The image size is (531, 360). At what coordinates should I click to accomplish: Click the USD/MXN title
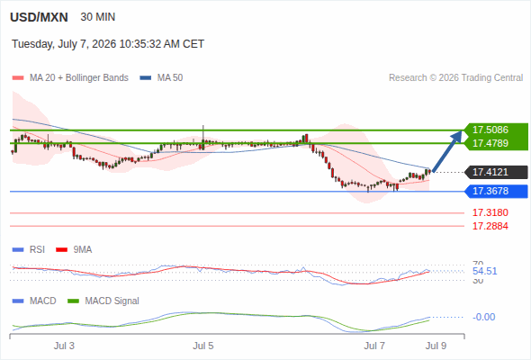[x=39, y=17]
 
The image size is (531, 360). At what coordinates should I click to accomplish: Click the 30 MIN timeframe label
[x=98, y=17]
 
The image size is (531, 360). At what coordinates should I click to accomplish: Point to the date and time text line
[x=108, y=44]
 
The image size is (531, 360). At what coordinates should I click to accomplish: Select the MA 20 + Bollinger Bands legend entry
[x=70, y=78]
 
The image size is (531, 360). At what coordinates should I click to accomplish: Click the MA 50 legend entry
[x=161, y=78]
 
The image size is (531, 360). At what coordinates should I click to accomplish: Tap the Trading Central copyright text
[x=455, y=78]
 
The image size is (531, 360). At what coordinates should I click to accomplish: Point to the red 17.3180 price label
[x=490, y=212]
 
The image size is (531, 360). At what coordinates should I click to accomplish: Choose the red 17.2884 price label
[x=490, y=226]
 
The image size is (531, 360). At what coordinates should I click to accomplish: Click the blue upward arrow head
[x=457, y=136]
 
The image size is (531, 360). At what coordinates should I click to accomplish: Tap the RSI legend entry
[x=29, y=249]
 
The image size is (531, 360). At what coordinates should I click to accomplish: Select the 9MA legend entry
[x=74, y=249]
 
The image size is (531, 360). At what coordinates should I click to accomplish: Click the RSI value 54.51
[x=485, y=271]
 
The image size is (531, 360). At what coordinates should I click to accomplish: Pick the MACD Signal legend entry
[x=103, y=301]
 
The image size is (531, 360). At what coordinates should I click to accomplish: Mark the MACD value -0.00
[x=484, y=317]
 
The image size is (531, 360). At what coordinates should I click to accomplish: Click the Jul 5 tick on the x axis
[x=203, y=346]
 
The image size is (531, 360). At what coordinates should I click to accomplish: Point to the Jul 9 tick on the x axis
[x=436, y=346]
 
